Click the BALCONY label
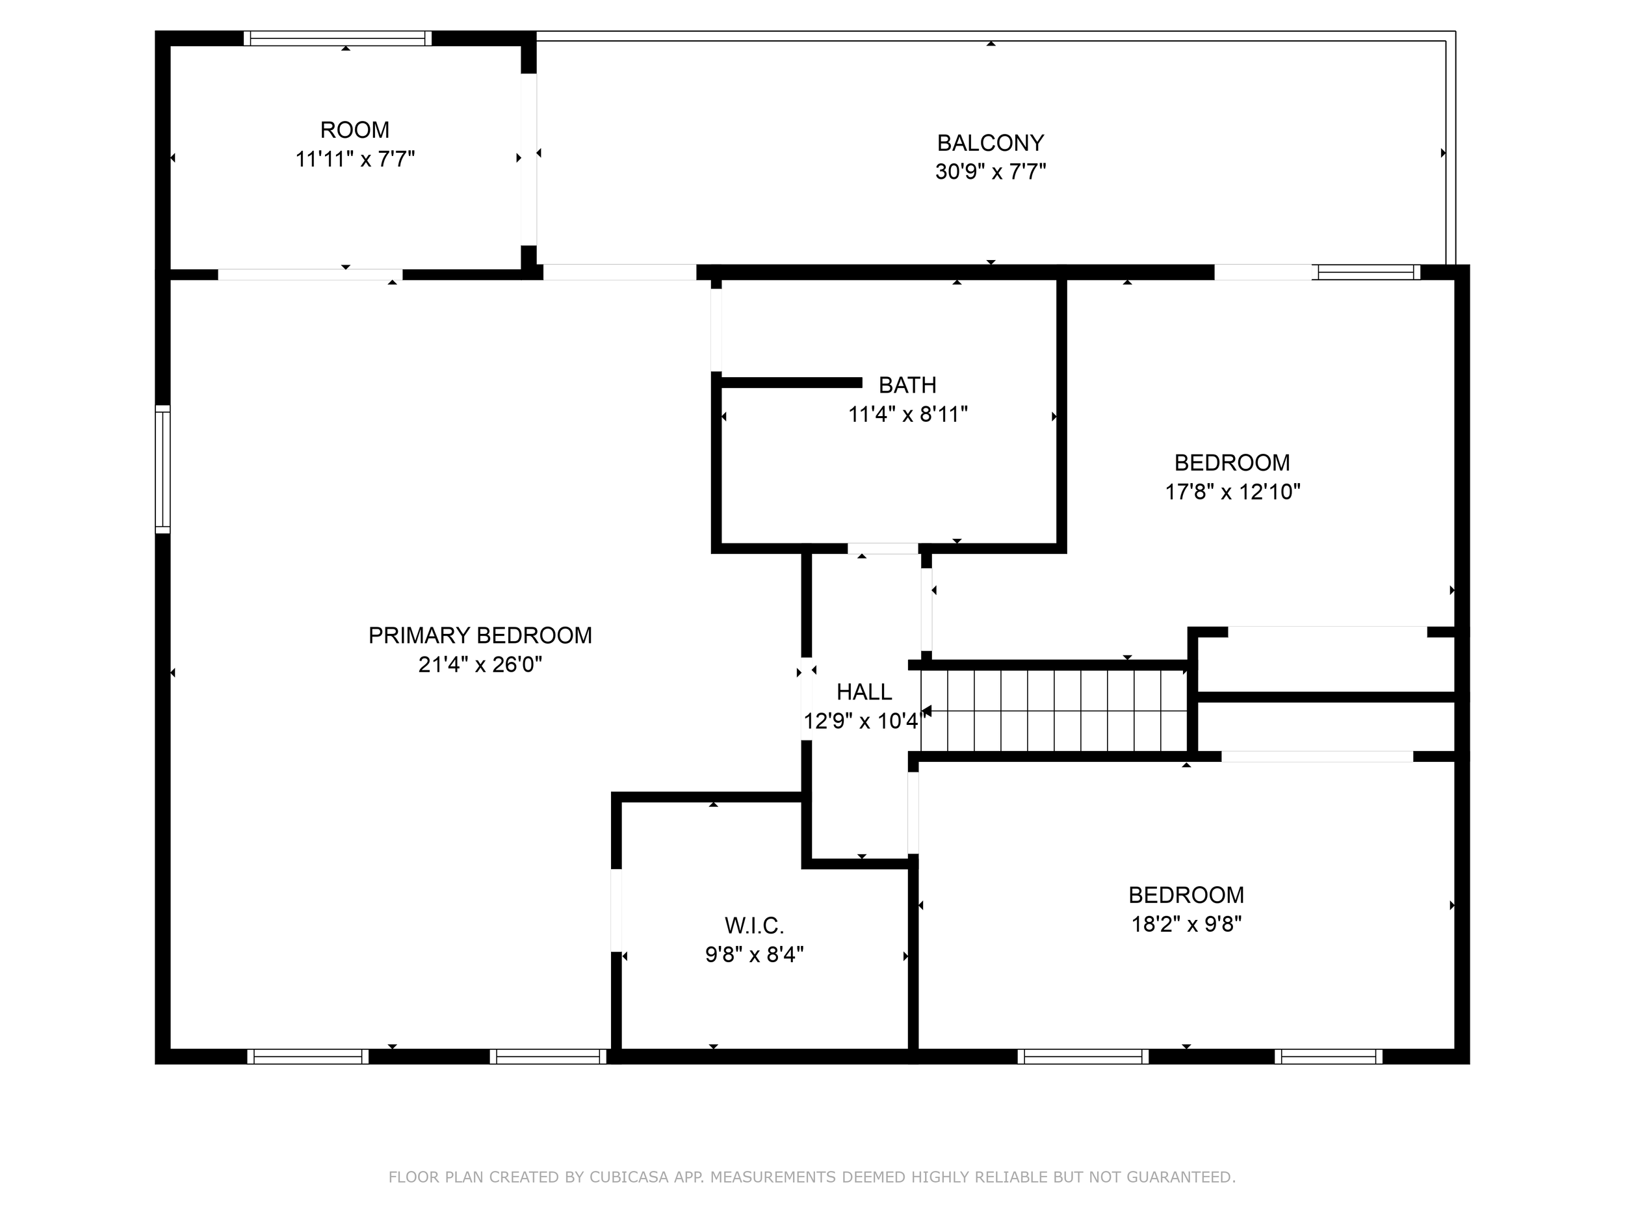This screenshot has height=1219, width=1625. [x=991, y=142]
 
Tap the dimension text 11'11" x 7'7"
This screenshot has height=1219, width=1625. [x=355, y=159]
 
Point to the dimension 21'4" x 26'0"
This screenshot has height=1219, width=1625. [x=480, y=665]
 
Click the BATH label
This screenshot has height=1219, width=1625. [x=907, y=385]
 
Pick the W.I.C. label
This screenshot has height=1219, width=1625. [x=755, y=925]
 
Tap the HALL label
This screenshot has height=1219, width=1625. [x=864, y=692]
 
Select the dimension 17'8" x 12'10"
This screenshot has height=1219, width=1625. [x=1232, y=492]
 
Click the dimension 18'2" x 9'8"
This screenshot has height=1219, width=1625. [x=1186, y=924]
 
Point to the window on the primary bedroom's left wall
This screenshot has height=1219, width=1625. [x=162, y=469]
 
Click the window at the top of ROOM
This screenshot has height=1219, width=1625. [x=338, y=39]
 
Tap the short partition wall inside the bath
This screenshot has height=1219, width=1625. [x=790, y=382]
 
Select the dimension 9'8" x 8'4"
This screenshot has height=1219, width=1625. [x=755, y=955]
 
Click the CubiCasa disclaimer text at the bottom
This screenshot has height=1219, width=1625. [x=812, y=1177]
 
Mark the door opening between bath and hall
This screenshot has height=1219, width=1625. [x=882, y=549]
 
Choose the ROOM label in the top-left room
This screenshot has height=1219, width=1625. [x=355, y=130]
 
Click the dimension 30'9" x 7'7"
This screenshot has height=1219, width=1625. [x=991, y=172]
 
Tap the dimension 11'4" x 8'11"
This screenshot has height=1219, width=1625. [x=907, y=415]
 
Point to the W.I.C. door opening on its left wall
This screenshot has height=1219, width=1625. [x=616, y=910]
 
